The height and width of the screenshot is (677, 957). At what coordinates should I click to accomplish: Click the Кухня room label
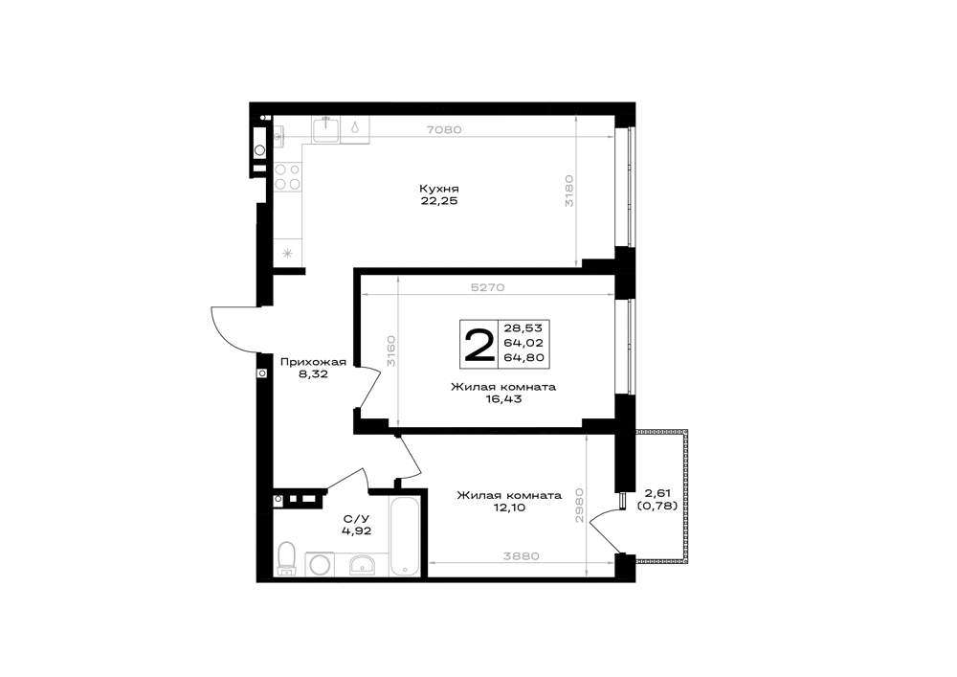tap(439, 188)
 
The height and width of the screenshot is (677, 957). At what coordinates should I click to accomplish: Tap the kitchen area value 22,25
tap(439, 201)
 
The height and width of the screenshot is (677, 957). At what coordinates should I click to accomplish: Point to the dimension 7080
tap(444, 129)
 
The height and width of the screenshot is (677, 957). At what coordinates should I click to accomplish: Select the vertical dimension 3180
tap(568, 192)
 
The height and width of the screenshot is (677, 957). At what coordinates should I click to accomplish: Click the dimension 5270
tap(487, 287)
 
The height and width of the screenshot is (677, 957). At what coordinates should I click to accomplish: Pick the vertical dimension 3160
tap(391, 350)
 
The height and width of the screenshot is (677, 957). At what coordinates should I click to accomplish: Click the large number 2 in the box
tap(479, 345)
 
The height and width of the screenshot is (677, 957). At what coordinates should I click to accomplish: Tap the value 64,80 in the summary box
tap(523, 358)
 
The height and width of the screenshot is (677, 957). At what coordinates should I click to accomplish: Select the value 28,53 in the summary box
tap(523, 327)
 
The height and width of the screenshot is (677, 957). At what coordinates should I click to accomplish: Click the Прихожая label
tap(313, 362)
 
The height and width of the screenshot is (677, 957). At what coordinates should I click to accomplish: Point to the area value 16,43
tap(503, 399)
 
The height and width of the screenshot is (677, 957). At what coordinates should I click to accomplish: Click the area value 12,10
tap(509, 508)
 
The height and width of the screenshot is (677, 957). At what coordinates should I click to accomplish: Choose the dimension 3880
tap(521, 556)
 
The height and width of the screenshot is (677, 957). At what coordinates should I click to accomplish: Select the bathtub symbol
tap(405, 536)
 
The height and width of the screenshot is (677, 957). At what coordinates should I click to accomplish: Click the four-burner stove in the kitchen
tap(287, 176)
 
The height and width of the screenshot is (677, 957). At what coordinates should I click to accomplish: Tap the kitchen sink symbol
tap(326, 130)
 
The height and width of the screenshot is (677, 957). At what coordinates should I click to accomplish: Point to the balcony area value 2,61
tap(657, 492)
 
